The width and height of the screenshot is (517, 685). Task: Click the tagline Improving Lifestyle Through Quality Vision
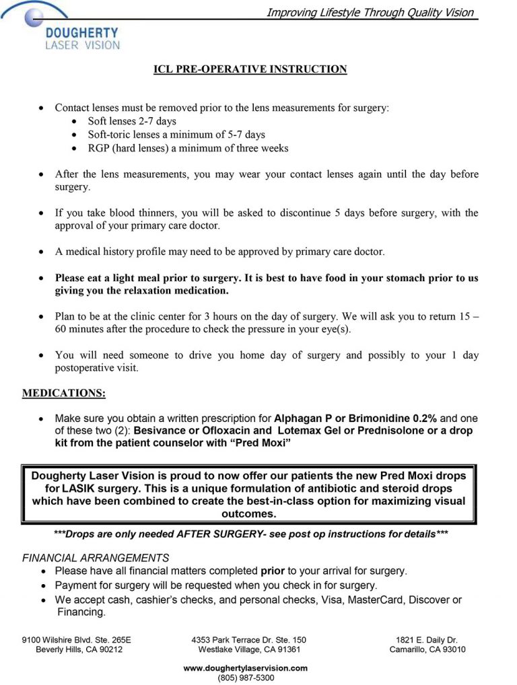tap(370, 12)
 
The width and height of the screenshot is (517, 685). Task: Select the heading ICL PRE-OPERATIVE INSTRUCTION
tap(250, 69)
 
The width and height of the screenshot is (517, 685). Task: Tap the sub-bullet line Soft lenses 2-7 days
tap(132, 121)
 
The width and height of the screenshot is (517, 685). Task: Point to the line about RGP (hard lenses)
tap(188, 148)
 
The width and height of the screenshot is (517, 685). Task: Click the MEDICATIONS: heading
tap(64, 392)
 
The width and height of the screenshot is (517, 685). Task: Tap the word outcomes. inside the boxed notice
tap(249, 513)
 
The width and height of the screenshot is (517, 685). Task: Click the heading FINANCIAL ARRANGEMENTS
tap(96, 558)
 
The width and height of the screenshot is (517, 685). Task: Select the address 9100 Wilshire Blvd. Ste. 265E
tap(77, 640)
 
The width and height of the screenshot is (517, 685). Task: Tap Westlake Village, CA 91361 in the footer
tap(249, 649)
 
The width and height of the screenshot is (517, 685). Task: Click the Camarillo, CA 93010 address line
tap(427, 649)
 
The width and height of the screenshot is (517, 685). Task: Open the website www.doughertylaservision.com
tap(246, 668)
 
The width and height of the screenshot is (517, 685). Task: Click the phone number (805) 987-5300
tap(246, 678)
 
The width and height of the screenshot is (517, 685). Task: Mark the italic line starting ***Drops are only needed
tap(250, 534)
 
